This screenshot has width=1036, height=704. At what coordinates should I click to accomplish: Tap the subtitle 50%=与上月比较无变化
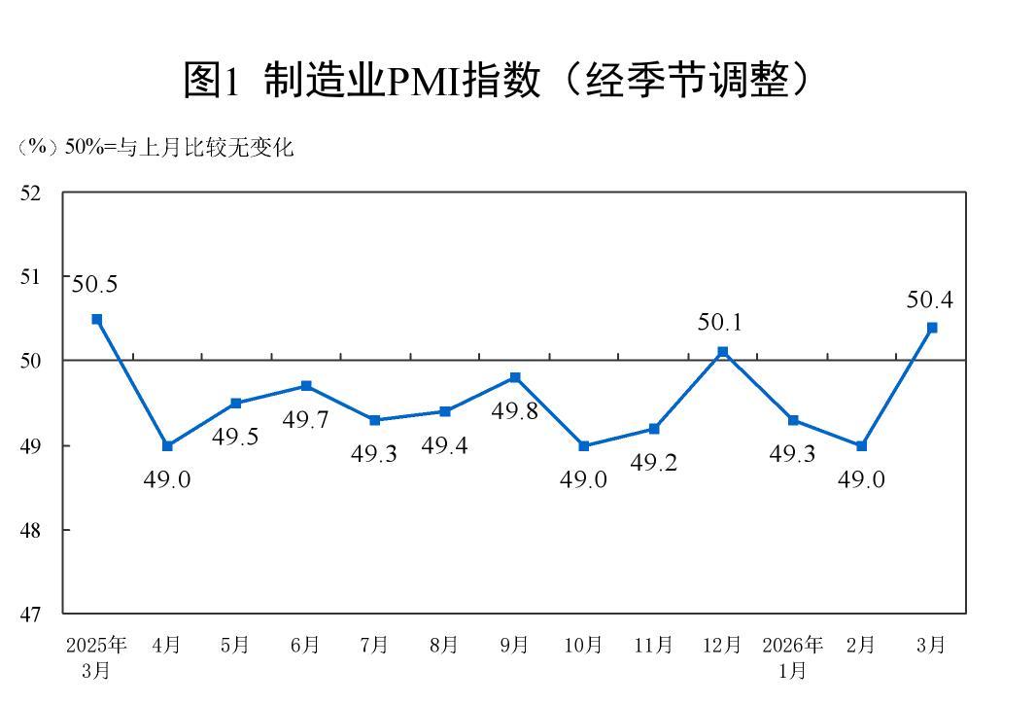[155, 148]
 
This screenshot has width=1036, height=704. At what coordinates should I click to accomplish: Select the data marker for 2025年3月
[97, 319]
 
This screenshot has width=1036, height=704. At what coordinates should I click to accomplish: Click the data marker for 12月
[722, 352]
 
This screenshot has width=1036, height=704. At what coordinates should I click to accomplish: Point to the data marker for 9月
[514, 377]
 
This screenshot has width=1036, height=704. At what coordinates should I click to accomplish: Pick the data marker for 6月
[306, 386]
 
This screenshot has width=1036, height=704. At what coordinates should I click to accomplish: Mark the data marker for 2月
[861, 445]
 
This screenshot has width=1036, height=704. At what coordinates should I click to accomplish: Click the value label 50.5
[94, 285]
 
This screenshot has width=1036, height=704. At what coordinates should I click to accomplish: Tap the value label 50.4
[929, 300]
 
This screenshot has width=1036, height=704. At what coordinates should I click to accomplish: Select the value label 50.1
[720, 323]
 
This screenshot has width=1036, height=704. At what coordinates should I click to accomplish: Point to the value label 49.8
[514, 411]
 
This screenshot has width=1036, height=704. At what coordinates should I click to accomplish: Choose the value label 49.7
[306, 420]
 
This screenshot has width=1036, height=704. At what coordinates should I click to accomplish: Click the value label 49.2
[653, 463]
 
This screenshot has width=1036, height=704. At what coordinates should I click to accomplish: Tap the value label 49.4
[444, 445]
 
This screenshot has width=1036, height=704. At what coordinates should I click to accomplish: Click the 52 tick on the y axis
[31, 193]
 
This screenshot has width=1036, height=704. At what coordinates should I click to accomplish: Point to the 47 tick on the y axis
[31, 615]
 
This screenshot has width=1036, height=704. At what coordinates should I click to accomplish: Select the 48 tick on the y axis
[31, 530]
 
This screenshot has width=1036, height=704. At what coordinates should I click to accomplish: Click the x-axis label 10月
[583, 645]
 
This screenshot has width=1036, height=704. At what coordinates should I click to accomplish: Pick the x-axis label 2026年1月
[792, 656]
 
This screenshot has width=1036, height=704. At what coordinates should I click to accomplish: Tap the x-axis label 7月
[374, 645]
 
